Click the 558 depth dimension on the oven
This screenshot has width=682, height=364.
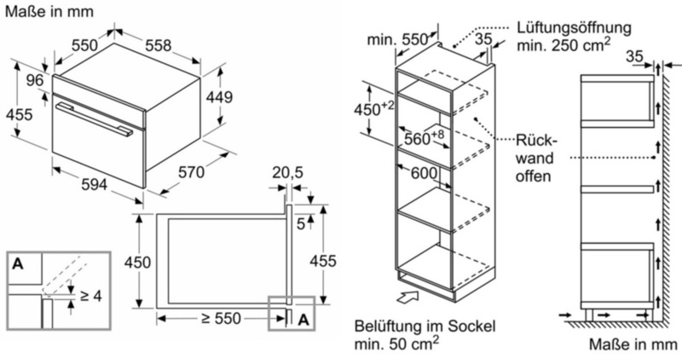(x=159, y=45)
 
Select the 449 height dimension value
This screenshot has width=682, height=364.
(x=219, y=97)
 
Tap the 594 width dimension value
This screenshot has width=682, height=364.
(x=95, y=184)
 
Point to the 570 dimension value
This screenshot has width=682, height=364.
(x=191, y=172)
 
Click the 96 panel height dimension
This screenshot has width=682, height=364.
(x=35, y=80)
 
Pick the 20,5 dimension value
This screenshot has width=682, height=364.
(x=287, y=172)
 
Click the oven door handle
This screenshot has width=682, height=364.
(x=95, y=119)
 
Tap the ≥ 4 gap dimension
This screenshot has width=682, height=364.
(x=91, y=296)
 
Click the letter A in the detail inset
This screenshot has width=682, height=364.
(x=18, y=263)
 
